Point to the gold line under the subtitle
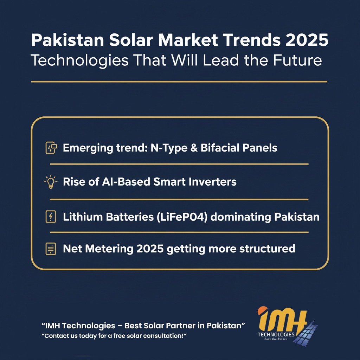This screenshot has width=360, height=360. pos(179,82)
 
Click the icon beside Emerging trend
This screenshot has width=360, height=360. pos(51,148)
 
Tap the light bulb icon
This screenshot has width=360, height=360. pos(51,182)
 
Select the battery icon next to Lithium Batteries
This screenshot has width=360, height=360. pos(51,217)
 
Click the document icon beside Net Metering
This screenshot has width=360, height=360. pos(51,249)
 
